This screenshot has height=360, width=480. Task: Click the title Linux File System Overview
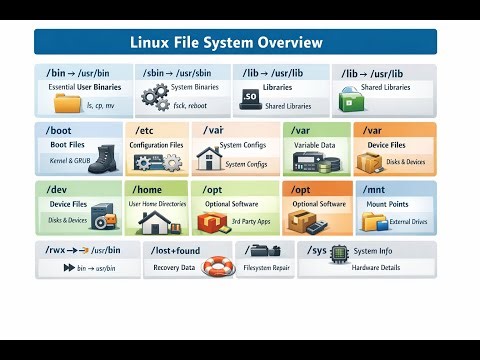pos(227,42)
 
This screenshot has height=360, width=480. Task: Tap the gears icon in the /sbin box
pos(155,98)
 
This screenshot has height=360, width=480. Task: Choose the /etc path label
pos(144,131)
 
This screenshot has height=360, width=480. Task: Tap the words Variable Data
pos(314,145)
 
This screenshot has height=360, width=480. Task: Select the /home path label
pos(148,188)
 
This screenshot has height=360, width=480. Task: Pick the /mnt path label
pos(376,188)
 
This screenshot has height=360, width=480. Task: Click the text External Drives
pos(408,221)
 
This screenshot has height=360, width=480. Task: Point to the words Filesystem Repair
pos(266,268)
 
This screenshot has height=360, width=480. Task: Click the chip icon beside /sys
pos(340,253)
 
